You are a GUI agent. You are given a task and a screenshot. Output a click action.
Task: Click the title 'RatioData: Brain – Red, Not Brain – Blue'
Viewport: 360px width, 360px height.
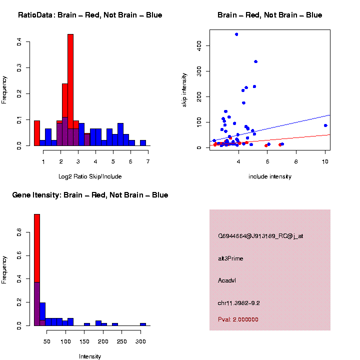(90, 15)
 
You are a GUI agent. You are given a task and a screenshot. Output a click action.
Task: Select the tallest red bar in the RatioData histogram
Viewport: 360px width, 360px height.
(70, 90)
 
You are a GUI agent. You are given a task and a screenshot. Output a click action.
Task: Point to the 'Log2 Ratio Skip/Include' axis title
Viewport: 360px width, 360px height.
(90, 176)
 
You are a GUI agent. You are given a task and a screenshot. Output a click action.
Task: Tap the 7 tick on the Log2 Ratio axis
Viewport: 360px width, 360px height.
(148, 161)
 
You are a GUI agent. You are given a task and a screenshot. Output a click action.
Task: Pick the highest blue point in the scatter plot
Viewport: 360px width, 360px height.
(236, 34)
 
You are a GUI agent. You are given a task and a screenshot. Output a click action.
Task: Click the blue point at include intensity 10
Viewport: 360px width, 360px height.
(325, 125)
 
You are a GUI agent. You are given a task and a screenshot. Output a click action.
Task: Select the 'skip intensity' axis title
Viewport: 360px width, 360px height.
(184, 89)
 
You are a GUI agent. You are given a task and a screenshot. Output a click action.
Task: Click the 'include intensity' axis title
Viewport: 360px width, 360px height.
(270, 176)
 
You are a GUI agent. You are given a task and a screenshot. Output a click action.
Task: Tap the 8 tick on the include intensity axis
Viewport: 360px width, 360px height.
(296, 161)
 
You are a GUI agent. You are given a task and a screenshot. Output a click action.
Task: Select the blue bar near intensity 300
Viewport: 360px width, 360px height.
(143, 324)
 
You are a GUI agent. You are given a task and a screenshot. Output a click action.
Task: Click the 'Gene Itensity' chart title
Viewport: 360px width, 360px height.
(90, 195)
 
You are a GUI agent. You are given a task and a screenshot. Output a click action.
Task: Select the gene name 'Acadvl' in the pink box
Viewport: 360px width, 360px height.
(227, 280)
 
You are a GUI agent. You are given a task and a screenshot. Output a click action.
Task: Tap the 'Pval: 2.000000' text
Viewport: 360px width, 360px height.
(238, 319)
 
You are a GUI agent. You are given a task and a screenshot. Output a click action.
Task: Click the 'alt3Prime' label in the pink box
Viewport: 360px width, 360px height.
(230, 258)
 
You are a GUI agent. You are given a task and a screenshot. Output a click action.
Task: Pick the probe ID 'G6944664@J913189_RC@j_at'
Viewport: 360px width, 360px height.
(260, 236)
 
